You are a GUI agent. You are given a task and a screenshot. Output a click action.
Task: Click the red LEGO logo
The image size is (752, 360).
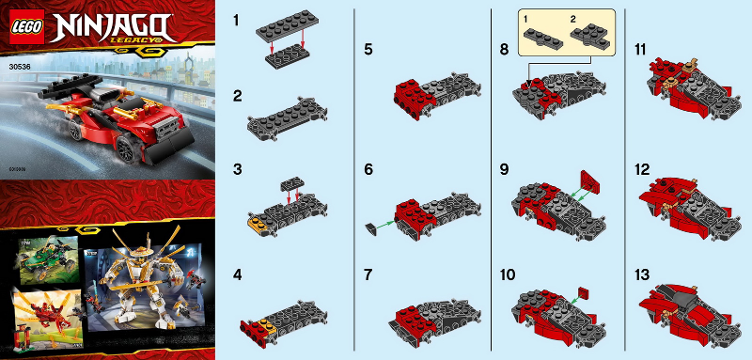(x=23, y=26)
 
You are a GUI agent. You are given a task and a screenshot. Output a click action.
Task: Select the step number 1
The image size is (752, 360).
(x=239, y=18)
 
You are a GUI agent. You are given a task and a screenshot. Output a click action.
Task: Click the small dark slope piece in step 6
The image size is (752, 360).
(x=369, y=227)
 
